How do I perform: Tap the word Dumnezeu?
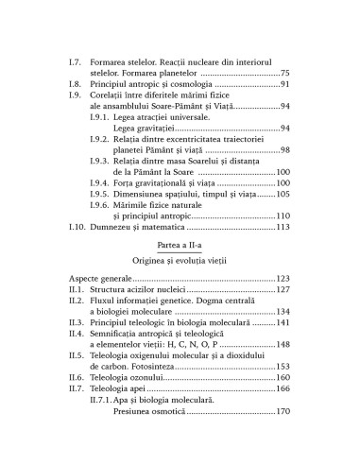119,229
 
